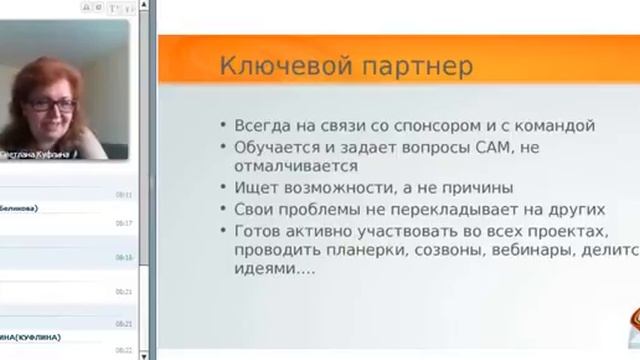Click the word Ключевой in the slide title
(263, 68)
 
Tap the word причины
(475, 188)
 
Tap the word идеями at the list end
(256, 270)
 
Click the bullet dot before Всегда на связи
(222, 127)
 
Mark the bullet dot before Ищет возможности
(222, 188)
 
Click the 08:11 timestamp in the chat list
(123, 195)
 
